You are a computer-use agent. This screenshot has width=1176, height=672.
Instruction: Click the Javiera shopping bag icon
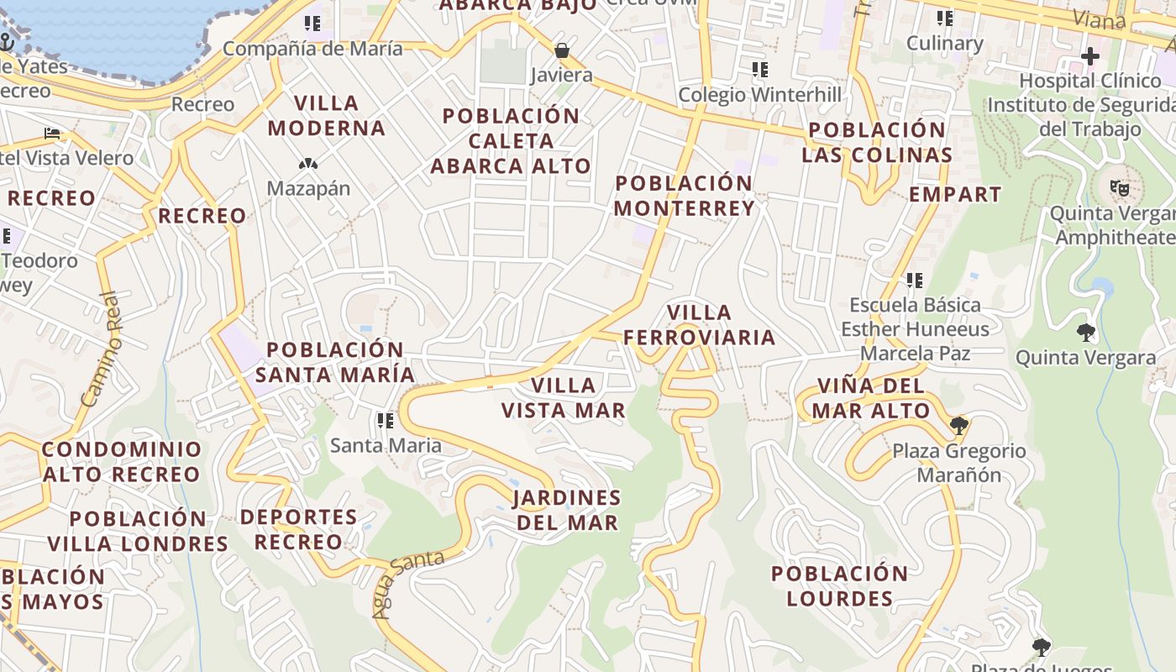pos(562,51)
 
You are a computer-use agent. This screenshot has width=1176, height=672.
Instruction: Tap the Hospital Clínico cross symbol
pos(1089,56)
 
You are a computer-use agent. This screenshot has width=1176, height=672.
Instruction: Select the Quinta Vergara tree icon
pos(1085,333)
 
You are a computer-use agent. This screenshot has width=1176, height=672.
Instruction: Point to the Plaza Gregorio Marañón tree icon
pos(958,426)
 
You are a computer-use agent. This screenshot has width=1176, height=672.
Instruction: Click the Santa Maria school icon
pos(386,420)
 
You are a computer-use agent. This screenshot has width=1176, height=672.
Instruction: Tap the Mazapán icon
pos(308,164)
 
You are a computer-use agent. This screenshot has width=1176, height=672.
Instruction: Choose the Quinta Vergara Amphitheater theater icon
pos(1119,188)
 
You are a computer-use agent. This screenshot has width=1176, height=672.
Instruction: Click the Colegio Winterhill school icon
pos(759,70)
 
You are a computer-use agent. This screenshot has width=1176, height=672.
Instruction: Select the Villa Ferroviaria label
pos(699,325)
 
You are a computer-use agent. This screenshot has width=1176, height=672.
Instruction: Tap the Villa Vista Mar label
pos(564,397)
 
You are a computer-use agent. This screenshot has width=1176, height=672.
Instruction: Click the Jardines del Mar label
pos(567,510)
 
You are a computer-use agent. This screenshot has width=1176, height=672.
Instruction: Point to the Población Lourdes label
pos(839,586)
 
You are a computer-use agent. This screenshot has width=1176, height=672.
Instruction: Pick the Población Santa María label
pos(335,362)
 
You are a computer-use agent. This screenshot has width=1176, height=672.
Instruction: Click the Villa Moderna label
pos(327,116)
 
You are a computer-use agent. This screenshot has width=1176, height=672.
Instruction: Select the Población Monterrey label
pos(685,196)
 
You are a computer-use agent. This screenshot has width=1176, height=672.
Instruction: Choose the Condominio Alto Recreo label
pos(122,461)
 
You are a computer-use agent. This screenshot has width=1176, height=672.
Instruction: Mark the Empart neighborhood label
pos(955,194)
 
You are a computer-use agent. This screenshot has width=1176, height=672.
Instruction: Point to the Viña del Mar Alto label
pos(872,398)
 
